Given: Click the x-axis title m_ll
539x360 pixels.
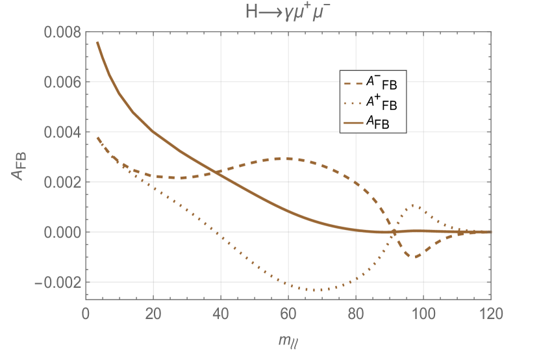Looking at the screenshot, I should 288,339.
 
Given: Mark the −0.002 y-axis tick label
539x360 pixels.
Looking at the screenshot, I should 58,283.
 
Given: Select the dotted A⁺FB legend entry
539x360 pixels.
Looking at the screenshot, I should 373,102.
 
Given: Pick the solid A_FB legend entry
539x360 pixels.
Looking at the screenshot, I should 373,122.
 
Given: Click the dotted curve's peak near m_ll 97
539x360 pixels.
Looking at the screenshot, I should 413,205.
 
